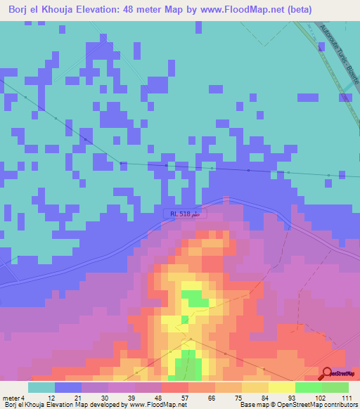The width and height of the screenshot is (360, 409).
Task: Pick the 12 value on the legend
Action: click(x=41, y=397)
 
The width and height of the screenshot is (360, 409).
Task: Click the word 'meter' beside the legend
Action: click(x=11, y=397)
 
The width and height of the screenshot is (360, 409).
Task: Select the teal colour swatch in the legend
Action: click(x=41, y=387)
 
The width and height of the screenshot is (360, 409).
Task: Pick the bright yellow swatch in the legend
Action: click(x=281, y=387)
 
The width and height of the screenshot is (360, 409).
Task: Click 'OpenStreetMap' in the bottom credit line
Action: click(x=297, y=405)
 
